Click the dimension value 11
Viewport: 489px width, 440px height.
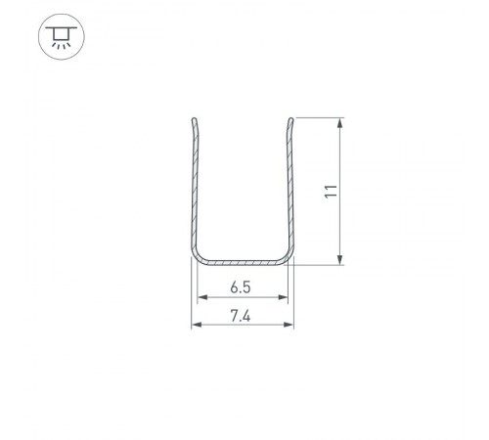coord(332,192)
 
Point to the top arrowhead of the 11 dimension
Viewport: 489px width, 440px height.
coord(339,124)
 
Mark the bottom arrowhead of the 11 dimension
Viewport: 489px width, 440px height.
coord(339,258)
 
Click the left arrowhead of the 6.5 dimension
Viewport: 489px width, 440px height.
coord(200,298)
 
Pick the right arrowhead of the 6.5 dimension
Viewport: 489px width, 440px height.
coord(286,298)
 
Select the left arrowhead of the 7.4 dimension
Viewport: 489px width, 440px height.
coord(194,326)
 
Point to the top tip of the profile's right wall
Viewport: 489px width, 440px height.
coord(290,121)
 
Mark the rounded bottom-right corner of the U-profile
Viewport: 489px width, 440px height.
coord(287,257)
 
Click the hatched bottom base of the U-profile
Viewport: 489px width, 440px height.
coord(242,263)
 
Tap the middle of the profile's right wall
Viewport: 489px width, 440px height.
coord(290,191)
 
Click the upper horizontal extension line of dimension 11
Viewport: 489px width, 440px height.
coord(318,118)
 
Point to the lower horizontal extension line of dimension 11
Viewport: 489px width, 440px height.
coord(318,264)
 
